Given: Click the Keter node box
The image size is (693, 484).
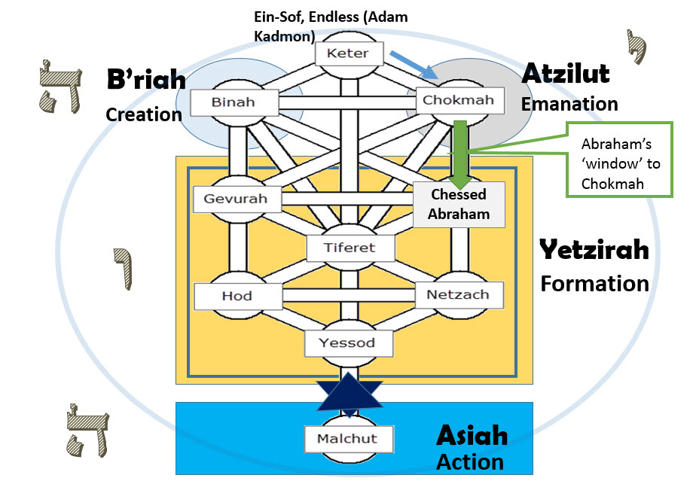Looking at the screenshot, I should pyautogui.click(x=349, y=54).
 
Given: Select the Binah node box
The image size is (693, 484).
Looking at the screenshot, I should pyautogui.click(x=234, y=102).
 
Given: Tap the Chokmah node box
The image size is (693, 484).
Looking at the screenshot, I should pyautogui.click(x=458, y=100).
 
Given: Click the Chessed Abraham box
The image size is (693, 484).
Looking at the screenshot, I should pyautogui.click(x=458, y=203).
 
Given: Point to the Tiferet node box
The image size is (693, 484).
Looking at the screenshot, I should pyautogui.click(x=350, y=247).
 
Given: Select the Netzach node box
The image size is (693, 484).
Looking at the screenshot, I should pyautogui.click(x=457, y=294).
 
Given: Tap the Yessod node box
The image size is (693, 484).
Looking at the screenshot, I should pyautogui.click(x=350, y=343).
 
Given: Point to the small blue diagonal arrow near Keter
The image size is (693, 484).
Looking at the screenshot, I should pyautogui.click(x=423, y=63).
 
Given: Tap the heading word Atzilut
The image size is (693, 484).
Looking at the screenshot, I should pyautogui.click(x=566, y=74).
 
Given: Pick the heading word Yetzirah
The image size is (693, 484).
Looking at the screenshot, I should pyautogui.click(x=594, y=249).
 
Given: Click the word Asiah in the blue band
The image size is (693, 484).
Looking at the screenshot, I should pyautogui.click(x=472, y=435).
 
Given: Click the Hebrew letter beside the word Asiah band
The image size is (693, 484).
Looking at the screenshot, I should pyautogui.click(x=83, y=430).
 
